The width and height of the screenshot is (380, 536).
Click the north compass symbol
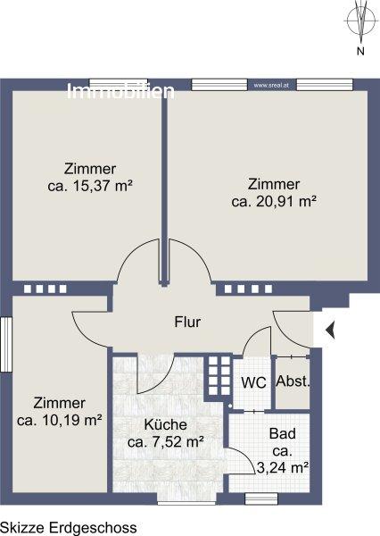tap(360, 21)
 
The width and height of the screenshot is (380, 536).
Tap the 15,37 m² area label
tap(90, 187)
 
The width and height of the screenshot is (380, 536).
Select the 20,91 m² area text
tap(274, 201)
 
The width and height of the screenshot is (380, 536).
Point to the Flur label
tap(187, 322)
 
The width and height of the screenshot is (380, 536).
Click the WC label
tap(253, 382)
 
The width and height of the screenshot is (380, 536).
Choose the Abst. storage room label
tap(293, 381)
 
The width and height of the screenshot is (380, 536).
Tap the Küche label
tap(166, 424)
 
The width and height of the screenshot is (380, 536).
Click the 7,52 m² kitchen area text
tap(166, 442)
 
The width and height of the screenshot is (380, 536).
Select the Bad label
tap(283, 434)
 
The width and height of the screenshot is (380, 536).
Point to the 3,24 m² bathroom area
tap(283, 467)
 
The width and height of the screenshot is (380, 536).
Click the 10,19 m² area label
tap(60, 420)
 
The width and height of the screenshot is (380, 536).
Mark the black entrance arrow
tap(330, 331)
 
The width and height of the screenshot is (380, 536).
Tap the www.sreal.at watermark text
tap(271, 86)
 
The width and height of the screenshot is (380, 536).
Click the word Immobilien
tap(120, 91)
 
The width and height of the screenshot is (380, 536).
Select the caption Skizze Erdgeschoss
tap(69, 528)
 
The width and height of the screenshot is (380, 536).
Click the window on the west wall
tap(6, 345)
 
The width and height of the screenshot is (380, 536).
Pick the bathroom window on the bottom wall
tap(262, 498)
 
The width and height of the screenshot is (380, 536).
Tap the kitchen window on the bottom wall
tap(186, 499)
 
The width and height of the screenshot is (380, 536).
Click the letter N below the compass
tap(360, 51)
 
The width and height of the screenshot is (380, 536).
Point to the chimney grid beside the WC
tap(219, 376)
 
